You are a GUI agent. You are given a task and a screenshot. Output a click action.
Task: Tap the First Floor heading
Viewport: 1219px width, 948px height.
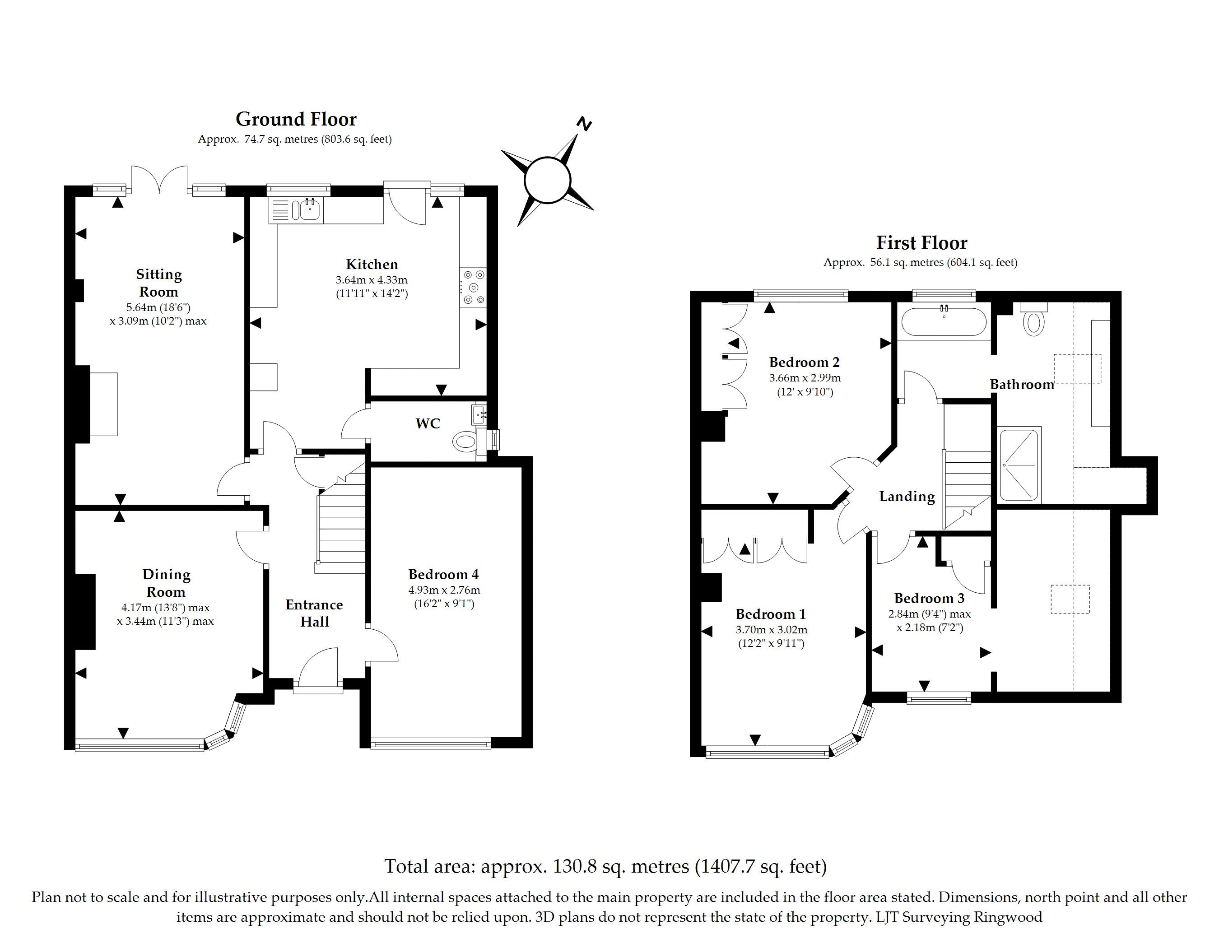coord(921,243)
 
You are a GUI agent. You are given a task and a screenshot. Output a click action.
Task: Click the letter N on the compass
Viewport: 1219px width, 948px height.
coord(584,124)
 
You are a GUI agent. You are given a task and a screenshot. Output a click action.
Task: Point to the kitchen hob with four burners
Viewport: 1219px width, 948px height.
coord(473,287)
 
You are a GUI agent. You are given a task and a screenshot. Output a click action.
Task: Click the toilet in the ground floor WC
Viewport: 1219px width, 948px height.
coord(465,442)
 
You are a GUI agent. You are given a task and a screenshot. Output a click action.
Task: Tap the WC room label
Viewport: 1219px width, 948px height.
coord(428,423)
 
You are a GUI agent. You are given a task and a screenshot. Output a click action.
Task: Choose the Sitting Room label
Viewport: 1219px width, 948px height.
coord(159,283)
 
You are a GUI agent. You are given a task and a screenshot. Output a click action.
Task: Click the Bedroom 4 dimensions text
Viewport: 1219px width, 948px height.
coord(444,596)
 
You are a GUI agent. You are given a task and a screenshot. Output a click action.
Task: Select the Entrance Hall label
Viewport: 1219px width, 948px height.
coord(314,613)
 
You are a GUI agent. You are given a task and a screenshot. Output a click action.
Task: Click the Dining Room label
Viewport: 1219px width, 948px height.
coord(166,583)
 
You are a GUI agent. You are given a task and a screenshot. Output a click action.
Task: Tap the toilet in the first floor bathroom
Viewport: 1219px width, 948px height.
coord(1034,320)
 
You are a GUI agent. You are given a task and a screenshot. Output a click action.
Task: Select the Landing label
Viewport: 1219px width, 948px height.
coord(907,497)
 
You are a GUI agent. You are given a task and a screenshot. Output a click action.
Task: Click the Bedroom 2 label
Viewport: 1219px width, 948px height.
coord(804,362)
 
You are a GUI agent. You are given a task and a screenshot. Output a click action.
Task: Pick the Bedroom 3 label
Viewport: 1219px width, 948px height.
coord(929,599)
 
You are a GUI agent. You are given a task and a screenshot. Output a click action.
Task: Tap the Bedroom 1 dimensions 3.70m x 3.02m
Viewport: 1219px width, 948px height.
coord(772,630)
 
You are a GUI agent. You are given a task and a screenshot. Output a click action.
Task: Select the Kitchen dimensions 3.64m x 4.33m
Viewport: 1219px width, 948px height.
coord(372,279)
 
